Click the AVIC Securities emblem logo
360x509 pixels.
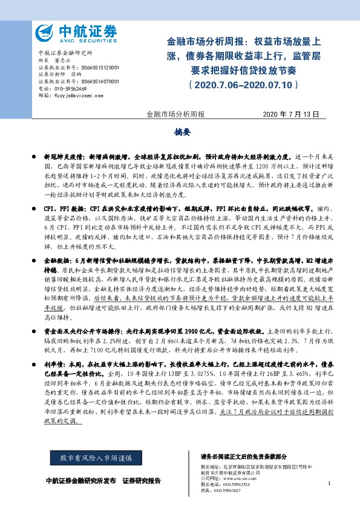click(x=44, y=32)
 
